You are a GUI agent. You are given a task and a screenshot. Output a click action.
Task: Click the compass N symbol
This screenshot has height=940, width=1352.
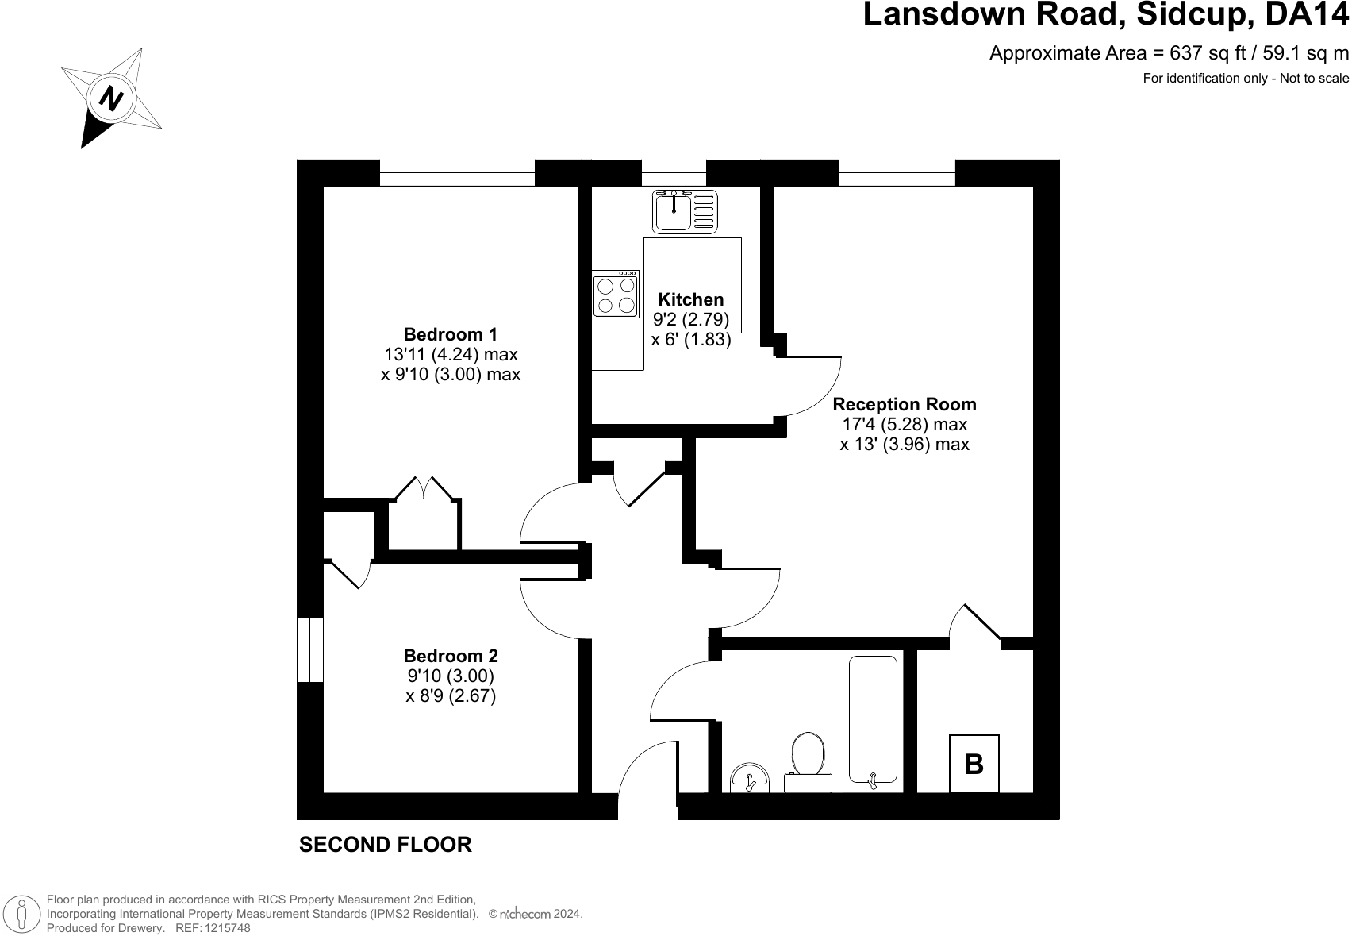tap(111, 98)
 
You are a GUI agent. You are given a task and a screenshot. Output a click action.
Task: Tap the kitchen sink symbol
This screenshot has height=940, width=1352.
tap(684, 211)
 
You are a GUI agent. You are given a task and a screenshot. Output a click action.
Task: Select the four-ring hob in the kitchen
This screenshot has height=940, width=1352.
tap(616, 295)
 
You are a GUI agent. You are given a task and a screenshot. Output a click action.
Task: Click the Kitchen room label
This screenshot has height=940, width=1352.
tap(691, 299)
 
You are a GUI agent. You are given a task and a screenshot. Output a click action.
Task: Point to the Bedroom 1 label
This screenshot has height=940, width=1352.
tap(450, 334)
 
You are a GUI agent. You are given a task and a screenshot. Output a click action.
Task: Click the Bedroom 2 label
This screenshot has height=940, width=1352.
tap(450, 656)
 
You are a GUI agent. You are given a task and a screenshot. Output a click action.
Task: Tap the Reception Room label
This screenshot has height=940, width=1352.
tap(904, 404)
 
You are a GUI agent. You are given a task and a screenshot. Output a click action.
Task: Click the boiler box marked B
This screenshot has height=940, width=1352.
tap(974, 764)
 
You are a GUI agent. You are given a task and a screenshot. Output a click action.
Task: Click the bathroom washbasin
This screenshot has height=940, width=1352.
tap(749, 777)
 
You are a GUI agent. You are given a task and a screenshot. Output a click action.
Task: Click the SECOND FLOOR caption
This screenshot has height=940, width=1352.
tap(385, 845)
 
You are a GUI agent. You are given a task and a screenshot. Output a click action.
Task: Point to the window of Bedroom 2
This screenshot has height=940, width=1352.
tap(309, 649)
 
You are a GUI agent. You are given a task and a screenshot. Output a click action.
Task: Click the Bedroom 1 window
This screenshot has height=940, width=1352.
tap(457, 172)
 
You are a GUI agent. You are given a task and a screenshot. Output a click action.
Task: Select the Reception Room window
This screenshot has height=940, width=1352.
tap(897, 172)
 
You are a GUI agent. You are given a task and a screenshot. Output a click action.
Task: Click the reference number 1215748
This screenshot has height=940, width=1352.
tap(227, 928)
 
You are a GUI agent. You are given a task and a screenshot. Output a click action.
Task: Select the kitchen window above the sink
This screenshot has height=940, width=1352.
tap(673, 172)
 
